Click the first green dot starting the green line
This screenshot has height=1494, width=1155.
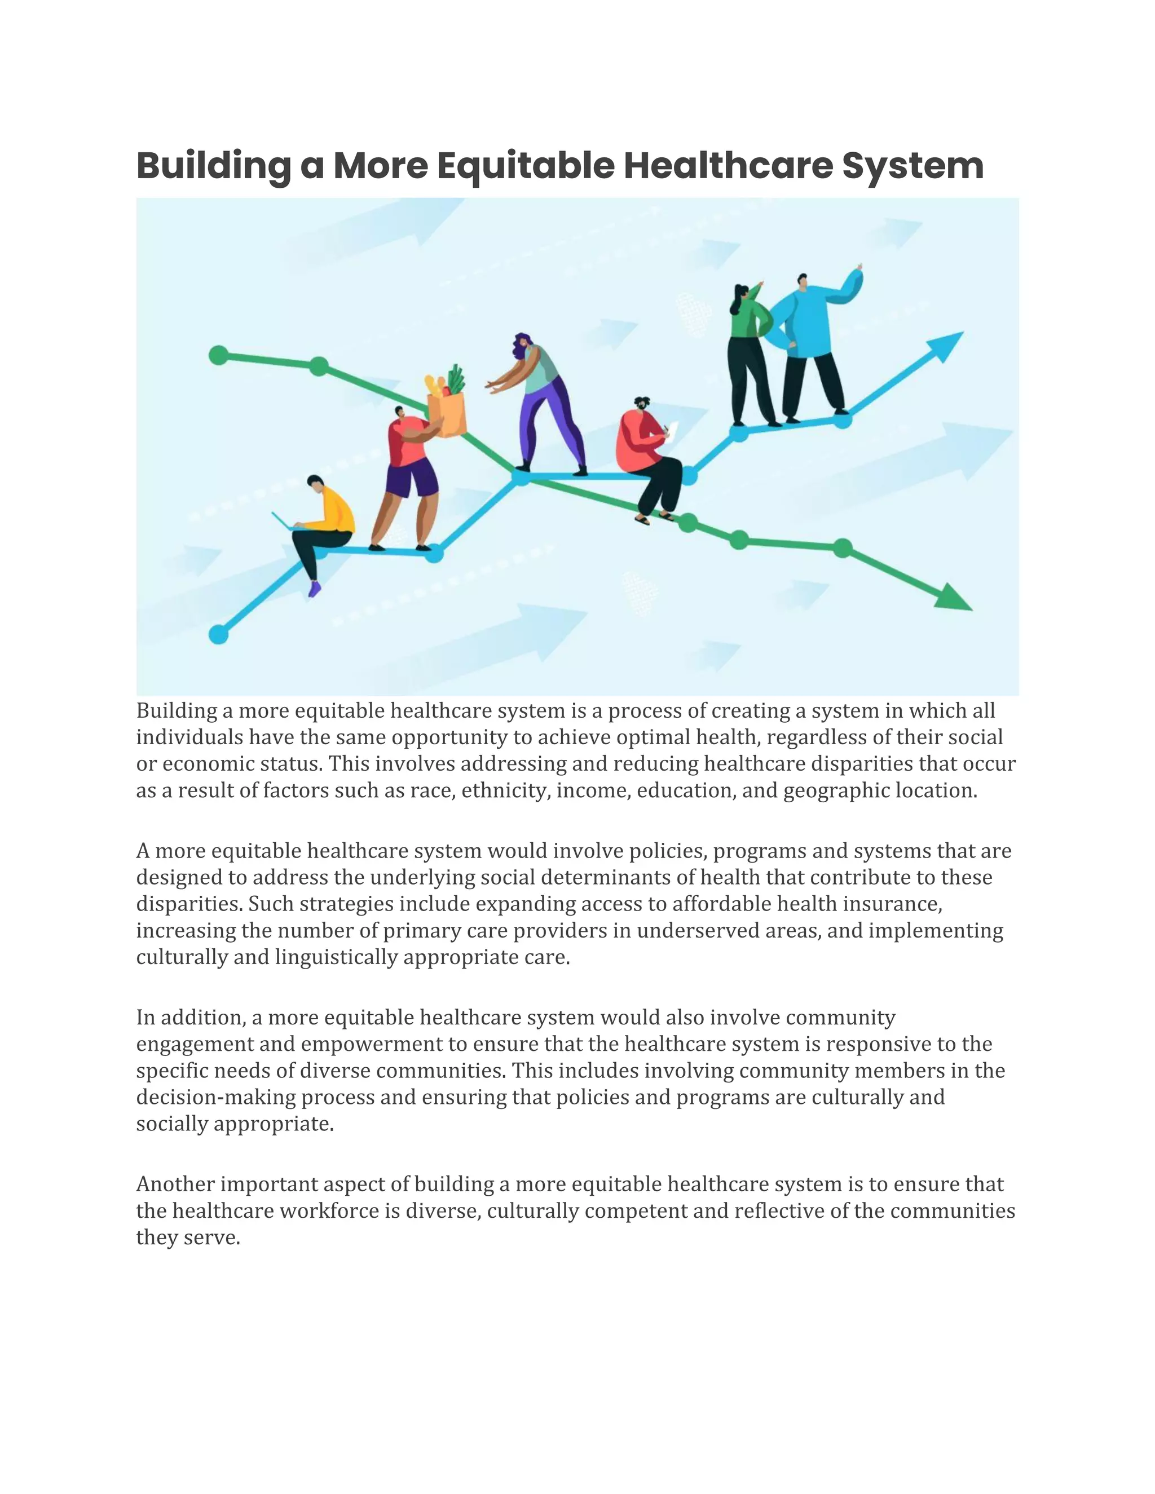click(218, 355)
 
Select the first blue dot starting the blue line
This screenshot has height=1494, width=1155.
click(218, 634)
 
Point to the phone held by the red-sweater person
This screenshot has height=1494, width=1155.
click(672, 430)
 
